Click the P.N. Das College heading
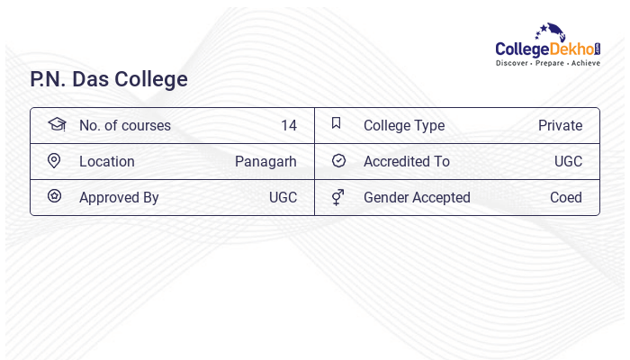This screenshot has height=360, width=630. [109, 79]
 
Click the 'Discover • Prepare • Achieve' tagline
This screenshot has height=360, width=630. [547, 63]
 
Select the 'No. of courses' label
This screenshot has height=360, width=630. [125, 125]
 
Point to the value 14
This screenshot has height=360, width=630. [288, 125]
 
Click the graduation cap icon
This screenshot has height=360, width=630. [57, 124]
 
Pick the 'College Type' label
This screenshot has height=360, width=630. [404, 125]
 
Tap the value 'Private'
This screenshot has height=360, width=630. [560, 125]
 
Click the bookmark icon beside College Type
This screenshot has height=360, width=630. [336, 123]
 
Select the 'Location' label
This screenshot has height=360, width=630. [107, 161]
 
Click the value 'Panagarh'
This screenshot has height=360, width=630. [265, 161]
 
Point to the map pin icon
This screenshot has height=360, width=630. [54, 160]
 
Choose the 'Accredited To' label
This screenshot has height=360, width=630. [407, 161]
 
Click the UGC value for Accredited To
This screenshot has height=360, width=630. [568, 161]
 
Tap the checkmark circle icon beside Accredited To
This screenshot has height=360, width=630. [338, 160]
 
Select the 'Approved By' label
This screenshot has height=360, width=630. [119, 197]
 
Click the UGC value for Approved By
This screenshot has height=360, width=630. [283, 197]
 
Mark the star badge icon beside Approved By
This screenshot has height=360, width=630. [54, 196]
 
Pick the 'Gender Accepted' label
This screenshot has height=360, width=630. [417, 197]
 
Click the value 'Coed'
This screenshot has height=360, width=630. [566, 197]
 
